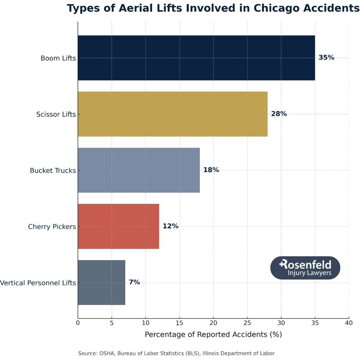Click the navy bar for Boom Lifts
[196, 58]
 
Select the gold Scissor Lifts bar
[173, 114]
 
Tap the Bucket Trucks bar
[139, 170]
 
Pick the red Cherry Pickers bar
[118, 226]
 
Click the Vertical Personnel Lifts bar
[101, 282]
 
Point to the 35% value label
[326, 58]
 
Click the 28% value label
[279, 114]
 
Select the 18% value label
[211, 170]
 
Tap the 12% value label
[170, 226]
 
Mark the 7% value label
[134, 282]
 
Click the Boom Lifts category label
[58, 58]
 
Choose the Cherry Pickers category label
[52, 227]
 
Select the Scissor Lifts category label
[56, 114]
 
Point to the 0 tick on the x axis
[78, 323]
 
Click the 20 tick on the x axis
[213, 323]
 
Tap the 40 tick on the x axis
[349, 323]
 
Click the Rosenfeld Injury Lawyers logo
[305, 268]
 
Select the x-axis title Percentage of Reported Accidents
[213, 335]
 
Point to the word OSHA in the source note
[107, 353]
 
